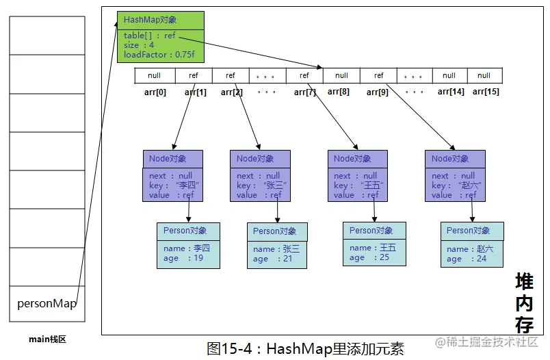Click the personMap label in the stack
click(47, 303)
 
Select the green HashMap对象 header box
click(161, 21)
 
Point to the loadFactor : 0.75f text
click(159, 55)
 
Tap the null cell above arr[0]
click(155, 75)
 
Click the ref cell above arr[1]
click(194, 75)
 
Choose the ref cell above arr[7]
click(304, 75)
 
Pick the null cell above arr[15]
click(484, 75)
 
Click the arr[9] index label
click(378, 92)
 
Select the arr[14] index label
click(451, 92)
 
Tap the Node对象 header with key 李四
click(173, 159)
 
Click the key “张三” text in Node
click(262, 185)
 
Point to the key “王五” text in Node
click(359, 185)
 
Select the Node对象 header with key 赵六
click(456, 159)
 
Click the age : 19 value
click(183, 258)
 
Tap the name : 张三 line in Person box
click(276, 249)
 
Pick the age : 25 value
click(369, 257)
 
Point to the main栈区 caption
click(47, 339)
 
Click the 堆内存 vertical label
click(525, 303)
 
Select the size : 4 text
click(139, 45)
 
